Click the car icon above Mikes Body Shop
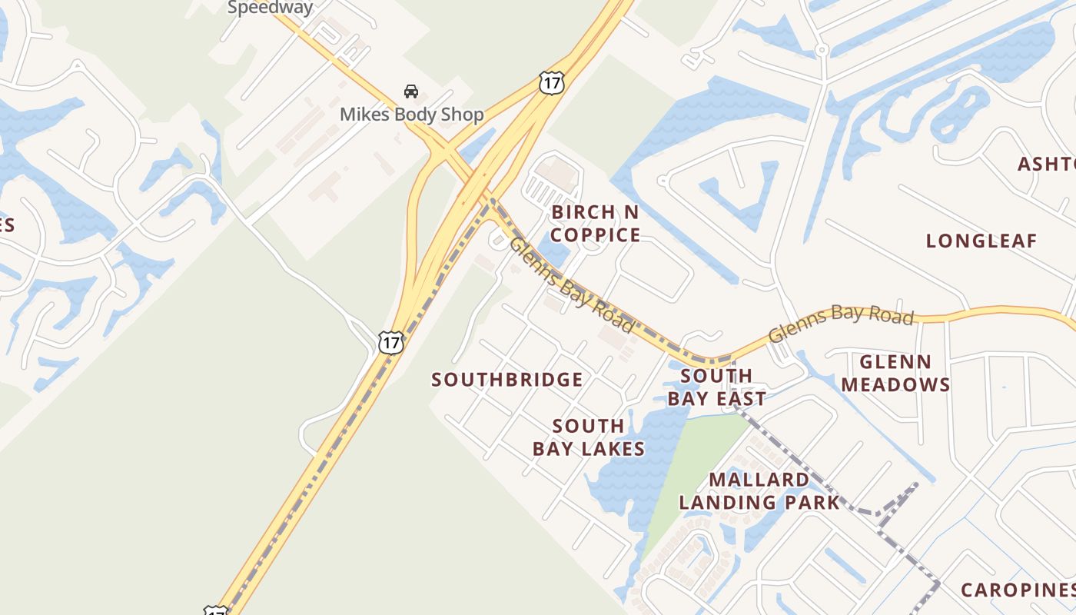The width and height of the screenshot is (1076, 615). [411, 91]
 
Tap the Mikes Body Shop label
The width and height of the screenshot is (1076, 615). [412, 115]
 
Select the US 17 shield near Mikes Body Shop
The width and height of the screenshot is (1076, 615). [551, 83]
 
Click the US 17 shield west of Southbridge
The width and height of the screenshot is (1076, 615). [391, 341]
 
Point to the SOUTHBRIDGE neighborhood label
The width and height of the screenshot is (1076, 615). [507, 380]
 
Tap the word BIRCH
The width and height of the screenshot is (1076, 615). [584, 212]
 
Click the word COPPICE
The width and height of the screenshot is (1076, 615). [596, 235]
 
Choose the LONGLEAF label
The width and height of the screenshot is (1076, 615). [981, 241]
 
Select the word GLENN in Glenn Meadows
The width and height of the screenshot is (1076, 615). [895, 362]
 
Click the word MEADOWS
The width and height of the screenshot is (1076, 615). [895, 384]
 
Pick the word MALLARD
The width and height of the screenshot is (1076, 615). [759, 480]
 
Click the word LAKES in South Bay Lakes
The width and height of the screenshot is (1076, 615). [613, 449]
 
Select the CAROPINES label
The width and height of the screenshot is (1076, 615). [1018, 590]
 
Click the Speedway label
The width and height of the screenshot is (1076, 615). [270, 8]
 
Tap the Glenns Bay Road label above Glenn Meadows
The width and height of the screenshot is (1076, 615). [841, 323]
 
